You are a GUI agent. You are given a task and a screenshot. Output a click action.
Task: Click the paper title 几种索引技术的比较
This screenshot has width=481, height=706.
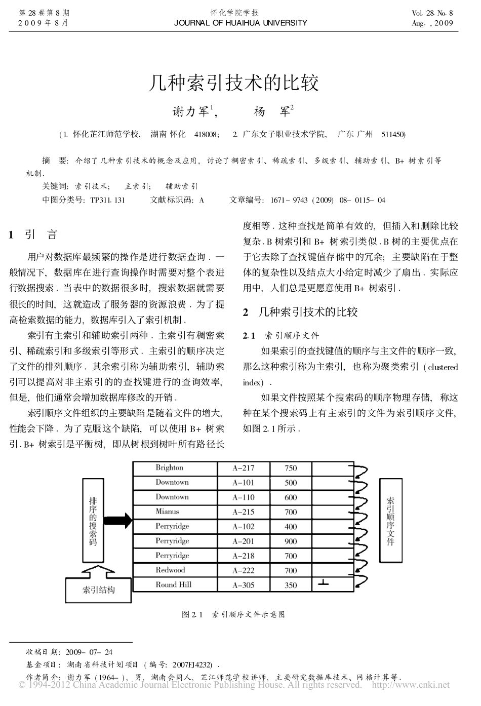(233, 82)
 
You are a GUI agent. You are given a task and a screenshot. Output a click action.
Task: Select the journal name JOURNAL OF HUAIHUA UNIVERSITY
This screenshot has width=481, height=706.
(240, 23)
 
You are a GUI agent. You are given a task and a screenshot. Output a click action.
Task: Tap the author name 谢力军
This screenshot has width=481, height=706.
(192, 111)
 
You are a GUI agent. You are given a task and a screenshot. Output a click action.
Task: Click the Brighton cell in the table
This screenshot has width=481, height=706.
(170, 468)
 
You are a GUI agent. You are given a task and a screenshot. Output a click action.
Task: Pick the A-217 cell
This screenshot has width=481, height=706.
(244, 468)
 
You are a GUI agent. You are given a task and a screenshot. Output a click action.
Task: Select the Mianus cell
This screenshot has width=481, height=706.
(168, 512)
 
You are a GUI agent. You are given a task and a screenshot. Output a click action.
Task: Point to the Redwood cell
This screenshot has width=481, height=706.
(171, 570)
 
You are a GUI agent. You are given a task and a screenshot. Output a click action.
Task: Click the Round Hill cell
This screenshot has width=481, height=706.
(174, 585)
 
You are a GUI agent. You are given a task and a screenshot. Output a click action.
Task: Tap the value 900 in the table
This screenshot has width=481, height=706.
(291, 541)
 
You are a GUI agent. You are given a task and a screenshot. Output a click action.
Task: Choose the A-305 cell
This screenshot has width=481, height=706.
(244, 585)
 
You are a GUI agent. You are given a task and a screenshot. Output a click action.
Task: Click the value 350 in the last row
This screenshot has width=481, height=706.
(291, 585)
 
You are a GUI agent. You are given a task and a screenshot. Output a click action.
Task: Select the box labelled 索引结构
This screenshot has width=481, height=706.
(99, 590)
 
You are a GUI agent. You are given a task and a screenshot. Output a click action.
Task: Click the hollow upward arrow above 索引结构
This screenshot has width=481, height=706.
(94, 572)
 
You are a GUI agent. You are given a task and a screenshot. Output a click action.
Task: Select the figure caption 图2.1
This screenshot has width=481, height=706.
(233, 614)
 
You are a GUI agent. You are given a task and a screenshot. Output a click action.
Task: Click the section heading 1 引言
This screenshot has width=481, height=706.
(33, 234)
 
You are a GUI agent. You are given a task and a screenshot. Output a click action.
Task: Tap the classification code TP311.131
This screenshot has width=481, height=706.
(107, 200)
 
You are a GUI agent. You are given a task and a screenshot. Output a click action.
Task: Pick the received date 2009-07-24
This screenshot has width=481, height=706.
(89, 652)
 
